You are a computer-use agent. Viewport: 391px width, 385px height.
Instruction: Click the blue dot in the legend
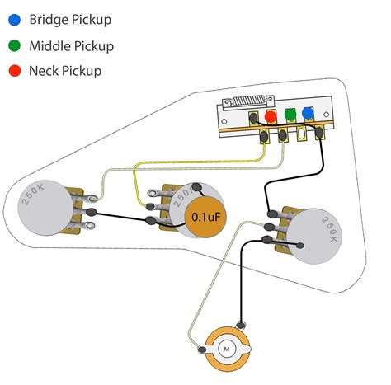(14, 19)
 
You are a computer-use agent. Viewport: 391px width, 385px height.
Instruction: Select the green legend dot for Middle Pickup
(14, 45)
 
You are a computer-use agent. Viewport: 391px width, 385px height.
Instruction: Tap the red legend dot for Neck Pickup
(14, 71)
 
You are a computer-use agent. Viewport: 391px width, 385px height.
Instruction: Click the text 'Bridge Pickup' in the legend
(69, 19)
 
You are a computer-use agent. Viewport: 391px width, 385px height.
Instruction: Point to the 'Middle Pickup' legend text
(71, 45)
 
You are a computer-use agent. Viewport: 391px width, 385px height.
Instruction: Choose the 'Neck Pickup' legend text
(65, 71)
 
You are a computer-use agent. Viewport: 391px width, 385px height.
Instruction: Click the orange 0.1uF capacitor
(205, 217)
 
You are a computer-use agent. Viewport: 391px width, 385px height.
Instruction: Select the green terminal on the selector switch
(290, 115)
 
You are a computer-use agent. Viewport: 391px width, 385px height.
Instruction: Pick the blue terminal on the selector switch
(309, 114)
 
